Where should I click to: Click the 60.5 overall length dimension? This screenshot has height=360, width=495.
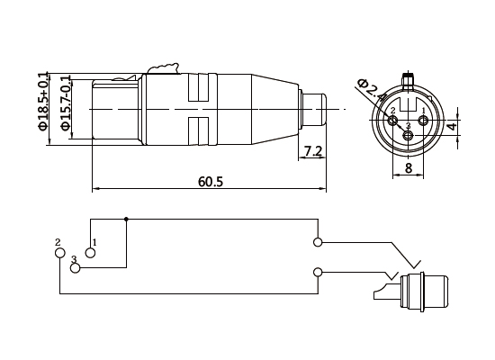[210, 182]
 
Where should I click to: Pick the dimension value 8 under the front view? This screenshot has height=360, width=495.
[408, 167]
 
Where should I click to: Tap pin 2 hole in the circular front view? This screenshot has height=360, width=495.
[392, 119]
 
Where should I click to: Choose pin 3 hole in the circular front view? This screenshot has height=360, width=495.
[409, 135]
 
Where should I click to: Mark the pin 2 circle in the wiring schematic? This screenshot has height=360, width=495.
[60, 254]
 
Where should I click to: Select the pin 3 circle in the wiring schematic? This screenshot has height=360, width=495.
[76, 269]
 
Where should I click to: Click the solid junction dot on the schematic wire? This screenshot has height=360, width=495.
[126, 219]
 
